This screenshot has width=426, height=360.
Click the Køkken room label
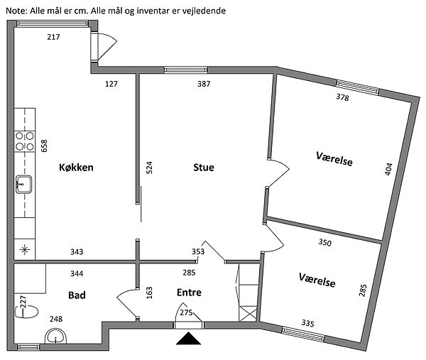point(77,168)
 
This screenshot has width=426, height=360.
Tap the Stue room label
point(203,168)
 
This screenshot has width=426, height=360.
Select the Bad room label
point(77,294)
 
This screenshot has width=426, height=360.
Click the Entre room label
point(189,292)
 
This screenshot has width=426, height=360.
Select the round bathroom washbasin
point(54,337)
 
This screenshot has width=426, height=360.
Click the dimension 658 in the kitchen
point(44,146)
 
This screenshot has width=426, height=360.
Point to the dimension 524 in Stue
point(150,168)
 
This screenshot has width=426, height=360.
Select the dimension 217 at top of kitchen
point(53,37)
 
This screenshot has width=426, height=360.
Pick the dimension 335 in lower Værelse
point(307,323)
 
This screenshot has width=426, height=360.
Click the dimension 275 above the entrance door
point(187,312)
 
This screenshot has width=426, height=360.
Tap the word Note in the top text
point(14,11)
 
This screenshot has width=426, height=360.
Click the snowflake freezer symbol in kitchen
point(24,249)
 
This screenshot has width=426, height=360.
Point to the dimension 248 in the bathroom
point(55,320)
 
